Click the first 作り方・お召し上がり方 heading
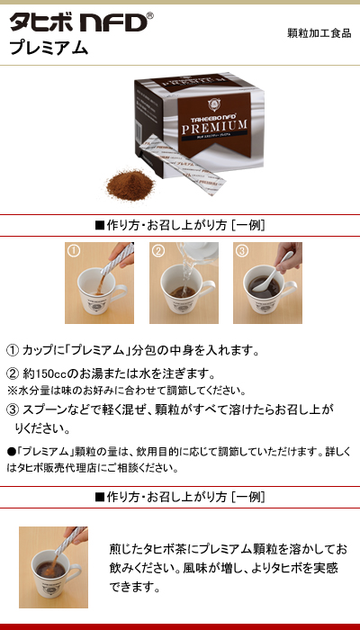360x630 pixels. (179, 225)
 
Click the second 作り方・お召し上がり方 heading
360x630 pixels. (179, 497)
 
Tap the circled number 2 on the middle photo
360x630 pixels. (158, 251)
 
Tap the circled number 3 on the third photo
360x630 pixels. (242, 251)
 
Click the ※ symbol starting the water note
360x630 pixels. (12, 391)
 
